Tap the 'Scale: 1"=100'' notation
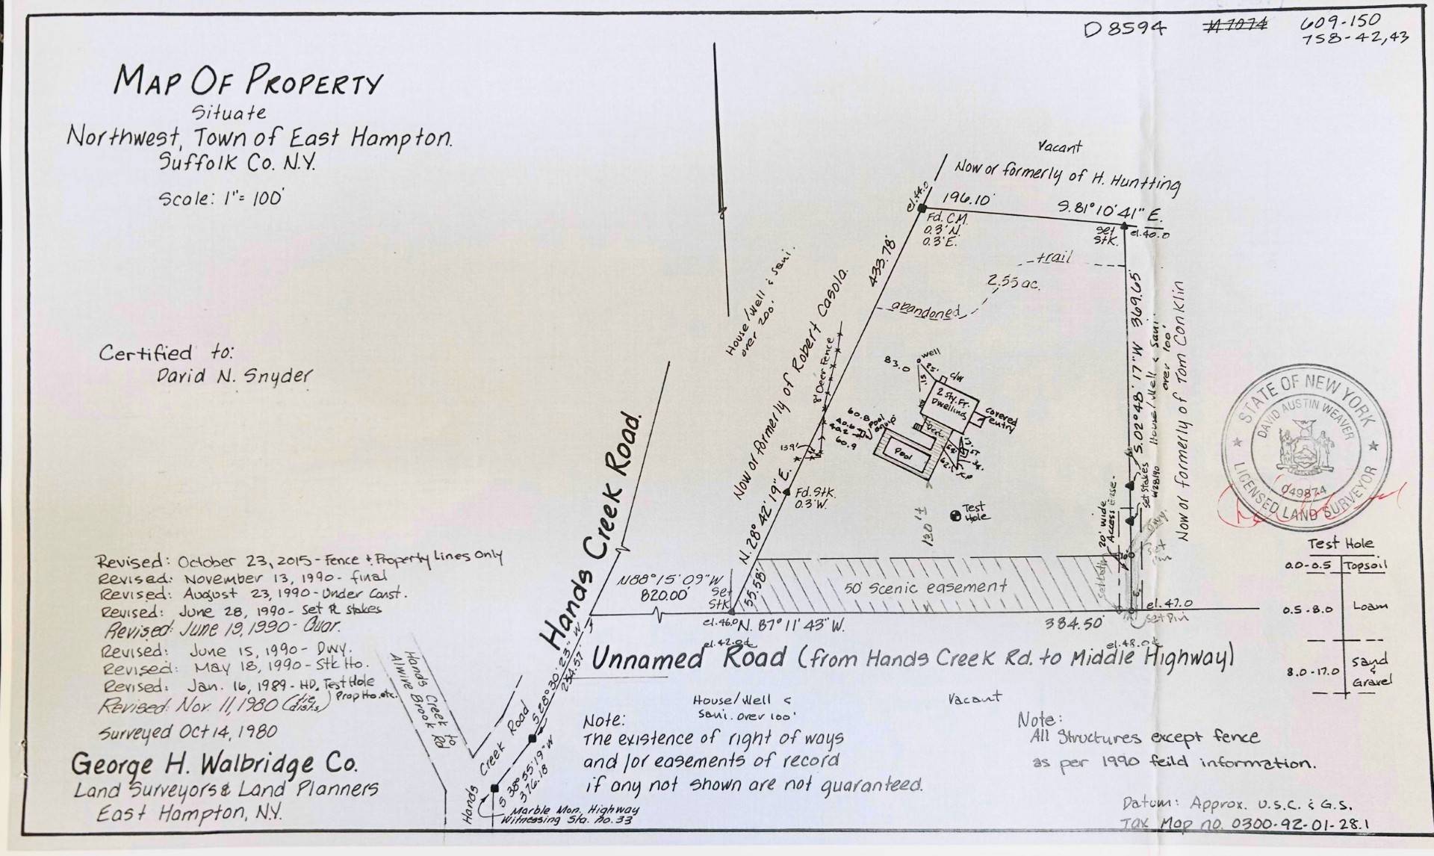click(220, 199)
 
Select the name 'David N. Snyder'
click(233, 376)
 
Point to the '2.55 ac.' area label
click(1013, 283)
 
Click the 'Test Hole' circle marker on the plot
click(955, 515)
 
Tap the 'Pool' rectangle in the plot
click(904, 453)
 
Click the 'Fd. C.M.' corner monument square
click(922, 208)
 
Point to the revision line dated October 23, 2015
click(299, 560)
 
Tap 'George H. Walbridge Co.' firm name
click(214, 764)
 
